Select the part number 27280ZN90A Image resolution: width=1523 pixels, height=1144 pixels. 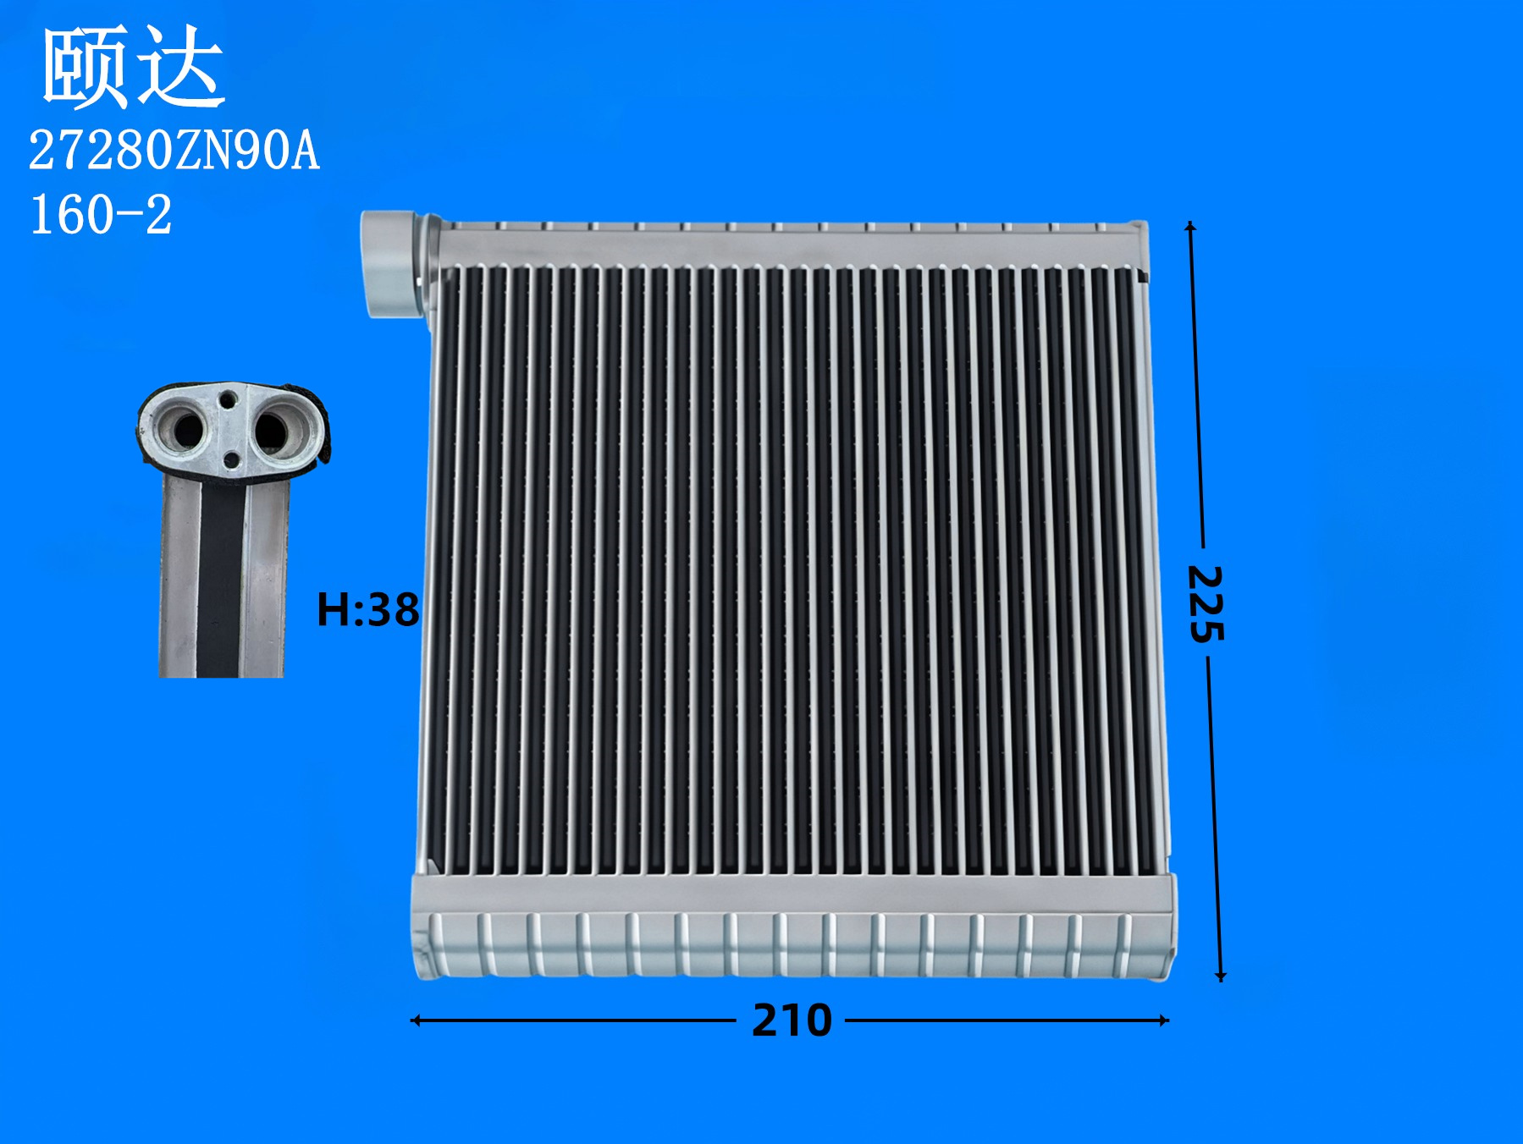(174, 151)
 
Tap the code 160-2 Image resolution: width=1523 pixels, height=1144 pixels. (101, 214)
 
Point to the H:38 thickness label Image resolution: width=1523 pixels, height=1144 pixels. (368, 609)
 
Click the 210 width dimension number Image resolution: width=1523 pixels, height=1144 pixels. (792, 1020)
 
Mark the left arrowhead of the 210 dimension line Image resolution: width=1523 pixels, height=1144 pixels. (415, 1020)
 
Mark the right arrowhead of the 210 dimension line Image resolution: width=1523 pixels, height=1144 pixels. (1165, 1020)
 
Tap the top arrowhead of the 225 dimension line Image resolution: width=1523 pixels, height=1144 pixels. (1190, 226)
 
